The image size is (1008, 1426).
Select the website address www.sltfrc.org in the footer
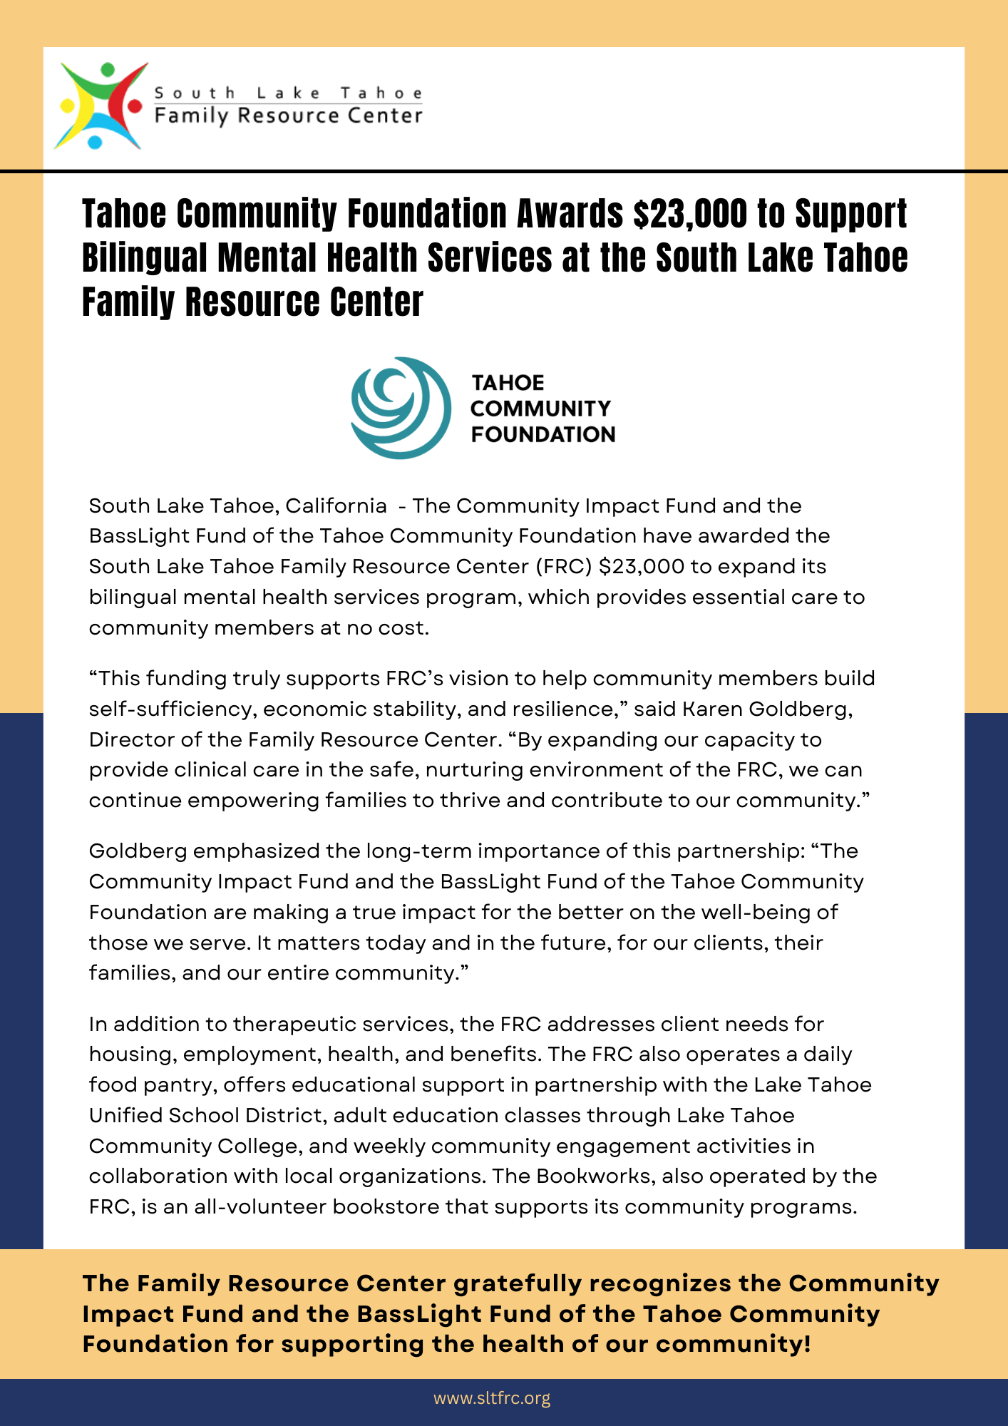[x=492, y=1398]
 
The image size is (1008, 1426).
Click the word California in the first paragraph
[x=336, y=506]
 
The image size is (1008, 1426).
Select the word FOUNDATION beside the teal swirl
[x=542, y=434]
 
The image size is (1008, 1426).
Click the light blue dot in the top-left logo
[x=95, y=142]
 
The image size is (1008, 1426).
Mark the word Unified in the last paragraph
[x=125, y=1115]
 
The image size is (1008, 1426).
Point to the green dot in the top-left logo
[x=108, y=70]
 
